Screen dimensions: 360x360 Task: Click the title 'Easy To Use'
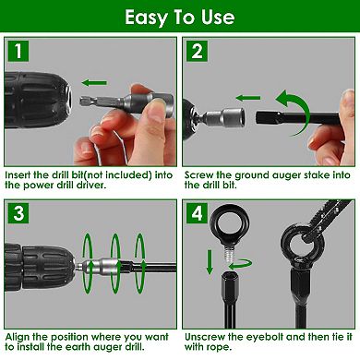click(x=179, y=18)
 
